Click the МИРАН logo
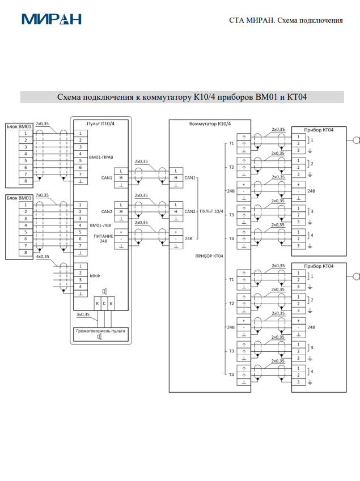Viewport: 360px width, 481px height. [51, 19]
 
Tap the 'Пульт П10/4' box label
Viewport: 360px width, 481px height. [100, 124]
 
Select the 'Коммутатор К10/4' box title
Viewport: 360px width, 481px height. [210, 124]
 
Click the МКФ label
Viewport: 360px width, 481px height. [94, 276]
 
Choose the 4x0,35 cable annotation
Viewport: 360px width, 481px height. [43, 257]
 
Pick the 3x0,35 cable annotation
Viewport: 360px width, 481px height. [83, 314]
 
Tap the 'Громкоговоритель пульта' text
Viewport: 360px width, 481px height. [100, 330]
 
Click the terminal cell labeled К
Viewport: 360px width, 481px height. [98, 304]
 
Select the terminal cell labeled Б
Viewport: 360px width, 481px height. [111, 304]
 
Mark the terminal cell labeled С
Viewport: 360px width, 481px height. [104, 304]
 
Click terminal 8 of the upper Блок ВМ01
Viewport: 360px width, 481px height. [26, 181]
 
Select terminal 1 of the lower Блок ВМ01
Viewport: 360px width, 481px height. [26, 205]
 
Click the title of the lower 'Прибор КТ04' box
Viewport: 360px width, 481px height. [319, 266]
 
